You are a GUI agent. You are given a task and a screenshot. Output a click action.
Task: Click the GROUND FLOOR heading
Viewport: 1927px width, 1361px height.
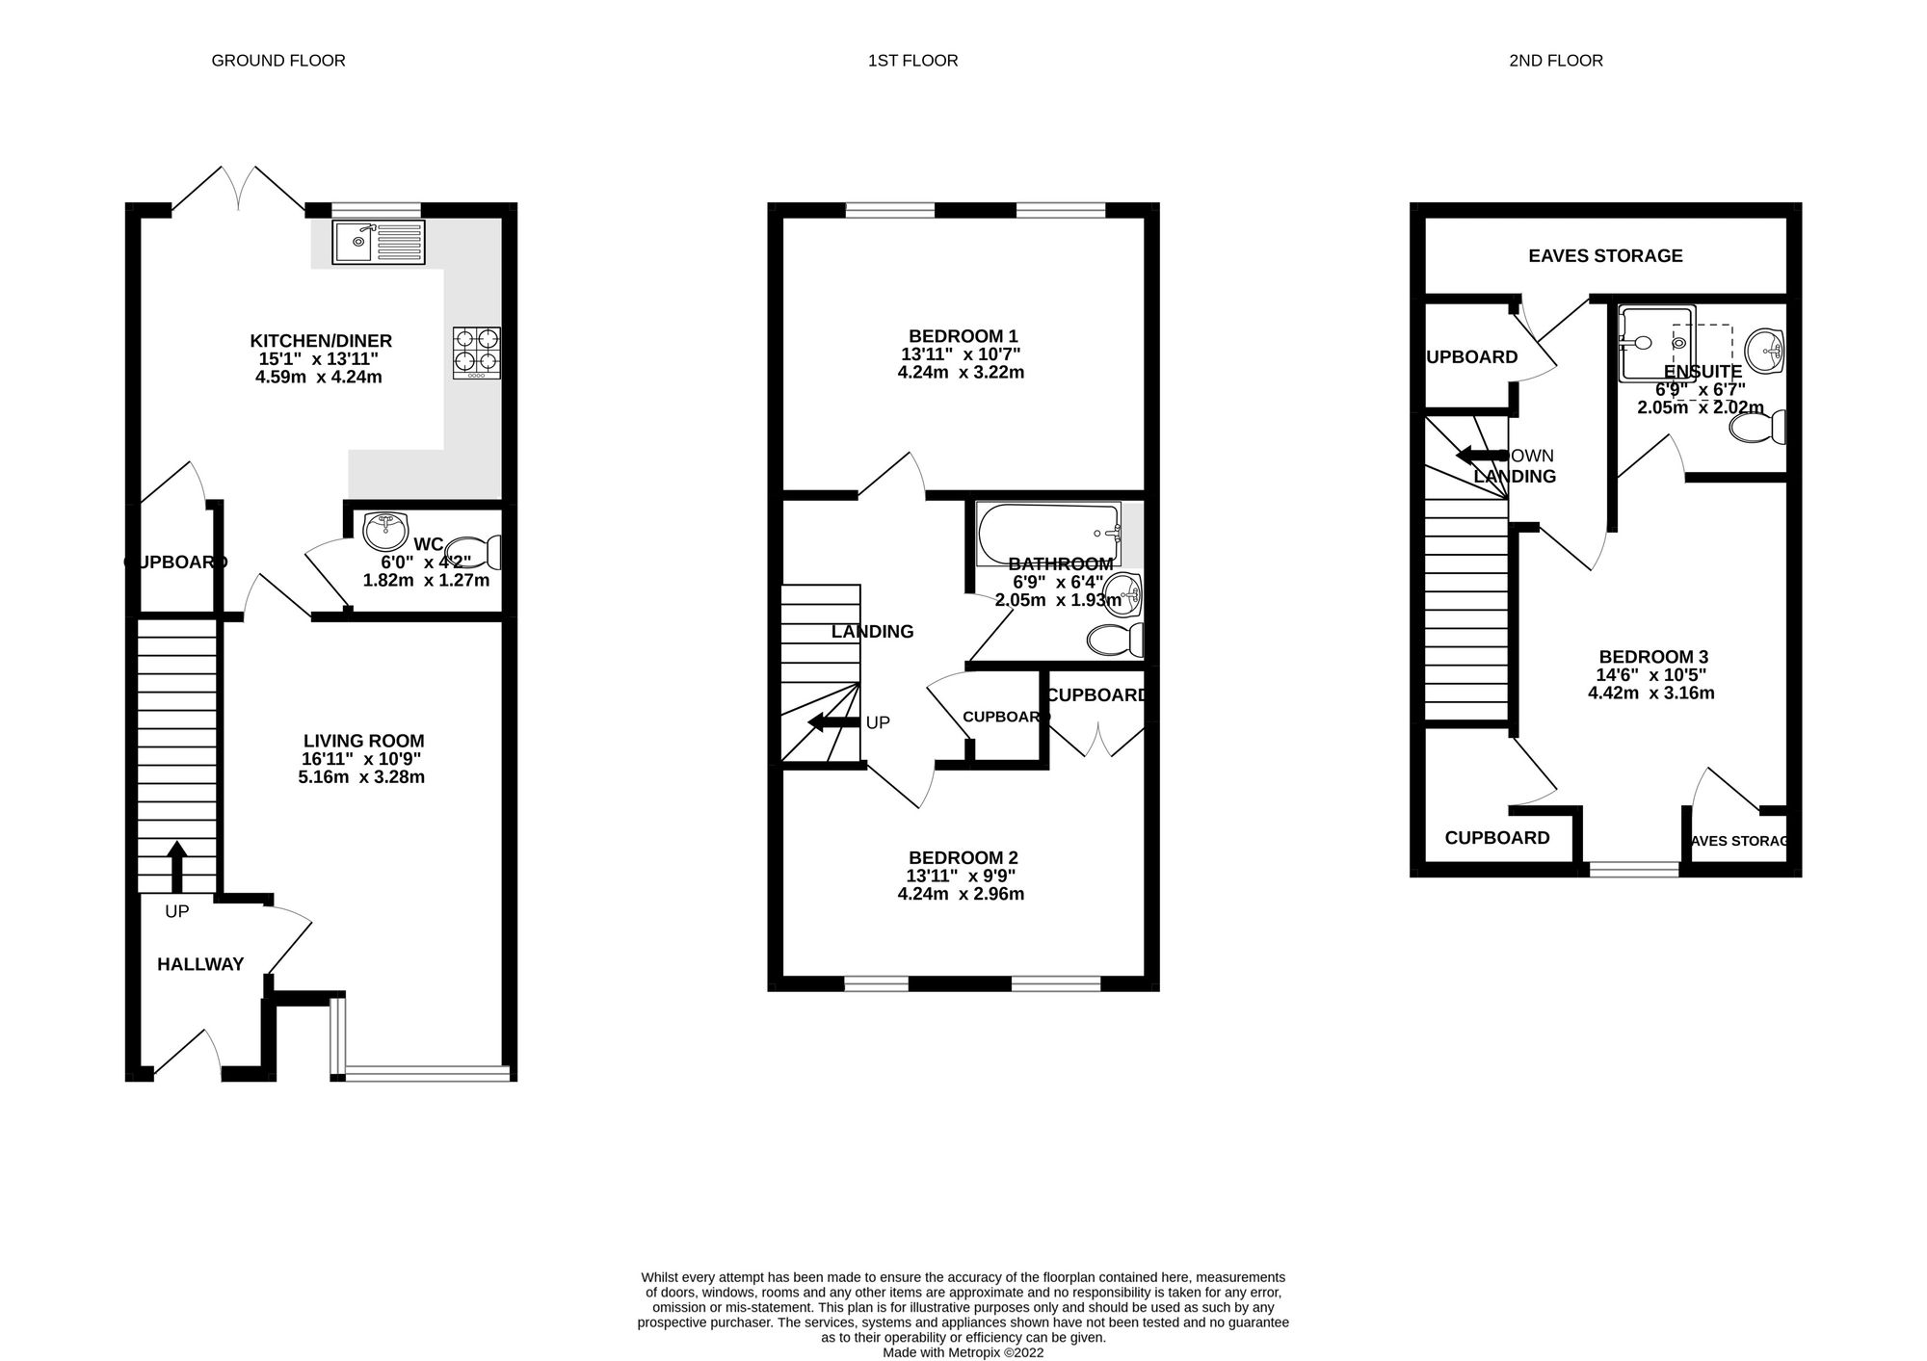click(277, 61)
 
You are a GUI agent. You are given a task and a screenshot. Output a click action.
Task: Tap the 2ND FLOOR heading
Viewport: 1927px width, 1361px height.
click(1555, 61)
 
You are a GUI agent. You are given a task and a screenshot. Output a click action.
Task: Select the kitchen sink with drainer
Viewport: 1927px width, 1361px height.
click(378, 242)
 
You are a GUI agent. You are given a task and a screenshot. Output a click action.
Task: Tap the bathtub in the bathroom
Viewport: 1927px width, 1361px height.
click(1048, 533)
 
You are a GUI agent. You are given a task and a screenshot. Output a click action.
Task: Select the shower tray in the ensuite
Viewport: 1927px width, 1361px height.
click(1655, 342)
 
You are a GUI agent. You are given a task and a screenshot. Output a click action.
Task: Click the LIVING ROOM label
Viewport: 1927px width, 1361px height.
click(363, 741)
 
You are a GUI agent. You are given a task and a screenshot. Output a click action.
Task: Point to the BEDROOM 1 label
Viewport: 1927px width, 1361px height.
click(963, 336)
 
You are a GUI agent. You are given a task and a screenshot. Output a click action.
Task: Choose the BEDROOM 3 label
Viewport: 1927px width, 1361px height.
click(1652, 657)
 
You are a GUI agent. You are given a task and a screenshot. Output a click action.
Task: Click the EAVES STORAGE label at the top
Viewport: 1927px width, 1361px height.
click(1605, 255)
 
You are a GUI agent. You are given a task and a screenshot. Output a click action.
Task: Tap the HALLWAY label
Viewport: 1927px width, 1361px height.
click(200, 964)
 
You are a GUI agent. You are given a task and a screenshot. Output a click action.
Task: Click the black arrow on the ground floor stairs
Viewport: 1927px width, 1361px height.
click(176, 867)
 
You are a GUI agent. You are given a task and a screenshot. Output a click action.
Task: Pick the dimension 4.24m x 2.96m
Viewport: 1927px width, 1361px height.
click(961, 894)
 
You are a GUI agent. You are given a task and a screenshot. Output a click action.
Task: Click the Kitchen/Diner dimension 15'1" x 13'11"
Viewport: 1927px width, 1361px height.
click(318, 358)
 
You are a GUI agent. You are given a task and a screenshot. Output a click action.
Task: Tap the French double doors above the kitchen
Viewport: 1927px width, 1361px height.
click(239, 188)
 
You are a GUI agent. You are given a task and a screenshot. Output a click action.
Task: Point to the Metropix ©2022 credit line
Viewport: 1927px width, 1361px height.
click(963, 1352)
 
